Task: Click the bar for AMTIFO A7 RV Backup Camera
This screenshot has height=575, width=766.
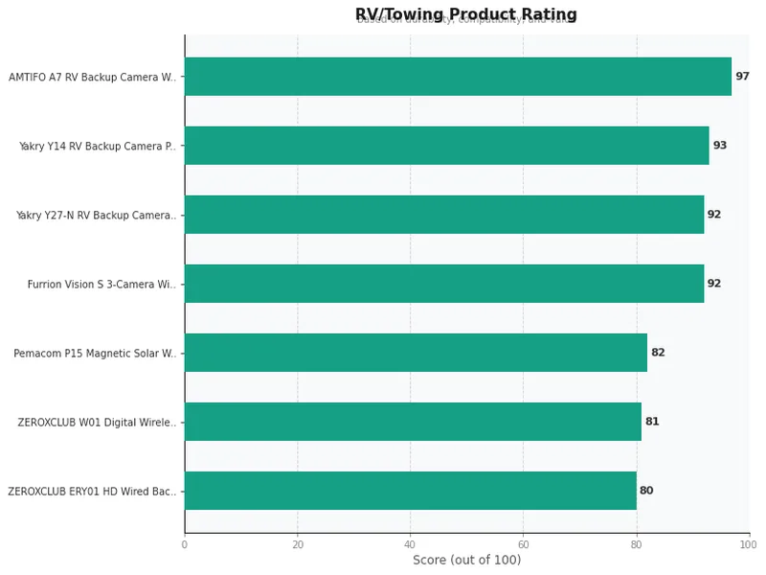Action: click(x=458, y=77)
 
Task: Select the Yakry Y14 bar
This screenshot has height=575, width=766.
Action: click(x=446, y=146)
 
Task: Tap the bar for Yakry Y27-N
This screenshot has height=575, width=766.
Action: click(x=444, y=215)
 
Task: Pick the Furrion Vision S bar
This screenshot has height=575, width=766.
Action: click(x=444, y=284)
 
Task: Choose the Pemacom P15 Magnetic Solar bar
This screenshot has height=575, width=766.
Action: click(x=416, y=353)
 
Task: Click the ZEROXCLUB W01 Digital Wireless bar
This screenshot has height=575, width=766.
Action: click(x=413, y=422)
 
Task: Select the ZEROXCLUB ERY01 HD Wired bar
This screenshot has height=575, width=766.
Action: click(x=410, y=491)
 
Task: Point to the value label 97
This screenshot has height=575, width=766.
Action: click(x=742, y=77)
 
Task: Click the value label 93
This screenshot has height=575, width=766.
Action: click(x=720, y=146)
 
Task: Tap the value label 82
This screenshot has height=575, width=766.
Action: click(x=658, y=353)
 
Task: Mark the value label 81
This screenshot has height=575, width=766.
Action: click(x=652, y=422)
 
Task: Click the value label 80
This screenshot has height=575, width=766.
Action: click(x=646, y=491)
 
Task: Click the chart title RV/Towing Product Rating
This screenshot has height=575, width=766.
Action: click(x=466, y=14)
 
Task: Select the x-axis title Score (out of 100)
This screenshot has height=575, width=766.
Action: click(x=466, y=561)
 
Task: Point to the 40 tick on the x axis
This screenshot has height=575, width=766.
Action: click(x=410, y=544)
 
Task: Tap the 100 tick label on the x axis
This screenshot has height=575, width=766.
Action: click(x=749, y=544)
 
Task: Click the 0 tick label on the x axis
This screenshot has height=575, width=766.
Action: click(x=185, y=544)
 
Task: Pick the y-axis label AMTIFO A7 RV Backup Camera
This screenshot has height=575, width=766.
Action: click(x=92, y=78)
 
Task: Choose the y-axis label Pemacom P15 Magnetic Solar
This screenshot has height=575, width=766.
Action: click(x=95, y=354)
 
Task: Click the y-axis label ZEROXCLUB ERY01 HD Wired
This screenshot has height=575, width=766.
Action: click(x=92, y=492)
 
